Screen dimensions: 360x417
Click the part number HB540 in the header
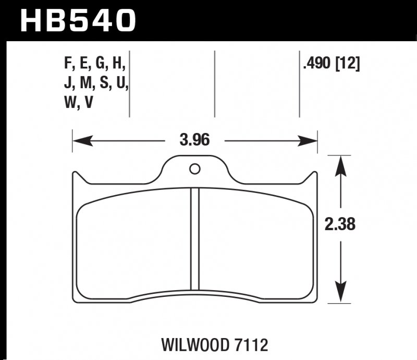point(78,21)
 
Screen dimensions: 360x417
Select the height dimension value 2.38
point(340,225)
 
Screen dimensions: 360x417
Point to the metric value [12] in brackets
point(348,65)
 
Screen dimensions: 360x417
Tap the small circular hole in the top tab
point(194,169)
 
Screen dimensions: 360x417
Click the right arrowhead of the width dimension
point(311,140)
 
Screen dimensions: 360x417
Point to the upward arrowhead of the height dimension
point(340,161)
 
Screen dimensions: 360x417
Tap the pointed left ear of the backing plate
point(76,176)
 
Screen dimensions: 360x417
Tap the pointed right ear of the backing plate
point(314,176)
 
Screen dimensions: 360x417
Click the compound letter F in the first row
point(66,65)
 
